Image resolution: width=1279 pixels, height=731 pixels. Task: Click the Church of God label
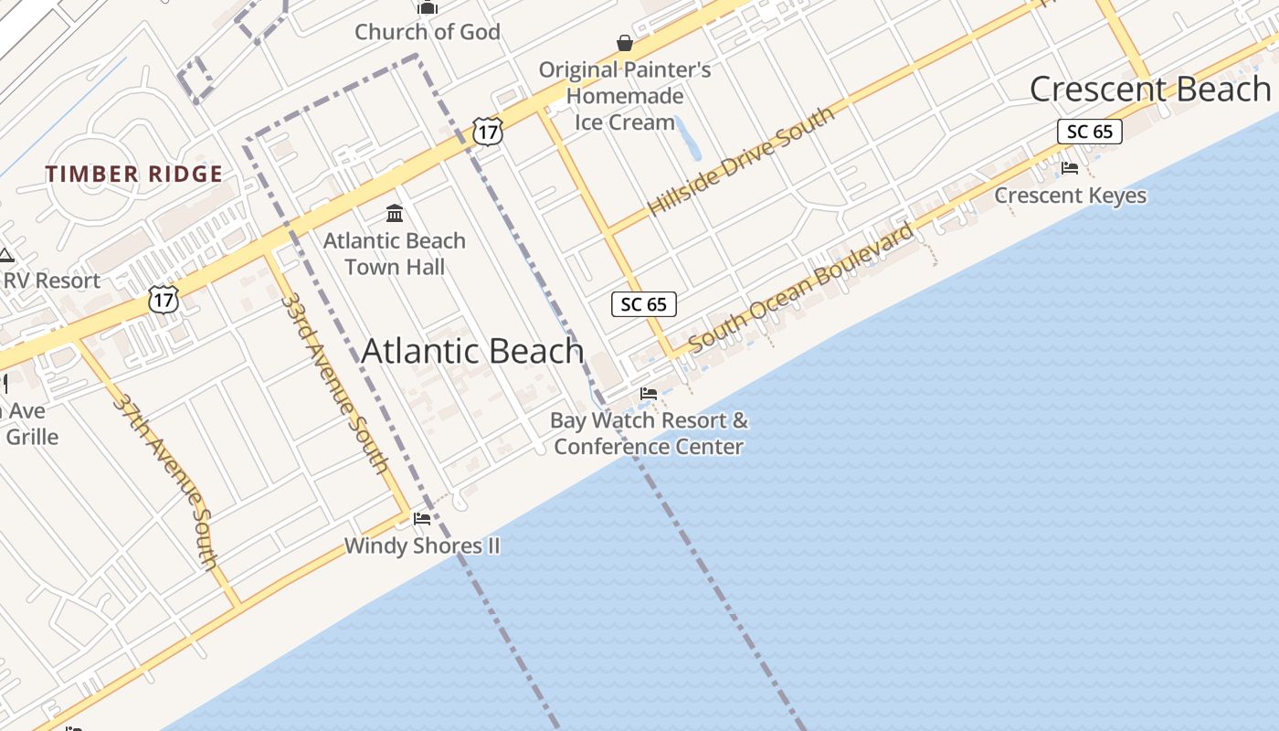click(x=428, y=32)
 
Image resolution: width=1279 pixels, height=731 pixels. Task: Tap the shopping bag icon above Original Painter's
click(x=625, y=43)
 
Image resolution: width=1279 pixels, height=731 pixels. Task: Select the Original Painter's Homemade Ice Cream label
click(x=625, y=95)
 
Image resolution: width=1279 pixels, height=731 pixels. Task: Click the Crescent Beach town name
click(x=1150, y=89)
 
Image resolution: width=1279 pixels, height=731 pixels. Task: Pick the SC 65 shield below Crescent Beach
click(x=1090, y=132)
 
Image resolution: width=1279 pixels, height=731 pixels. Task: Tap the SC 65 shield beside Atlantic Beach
click(x=644, y=304)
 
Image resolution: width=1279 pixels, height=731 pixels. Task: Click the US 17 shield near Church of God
click(x=488, y=132)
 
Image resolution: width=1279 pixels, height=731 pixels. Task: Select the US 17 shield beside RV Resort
click(x=164, y=298)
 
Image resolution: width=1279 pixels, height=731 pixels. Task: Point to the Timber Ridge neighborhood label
click(x=134, y=174)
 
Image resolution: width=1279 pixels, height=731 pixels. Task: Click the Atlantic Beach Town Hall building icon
click(x=395, y=214)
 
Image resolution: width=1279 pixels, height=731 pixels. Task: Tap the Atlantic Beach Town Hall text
click(x=395, y=254)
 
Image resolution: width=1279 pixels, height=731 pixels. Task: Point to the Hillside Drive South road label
click(x=741, y=161)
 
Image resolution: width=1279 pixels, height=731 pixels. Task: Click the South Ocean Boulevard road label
click(x=801, y=287)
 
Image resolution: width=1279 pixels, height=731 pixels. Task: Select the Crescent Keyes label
click(x=1070, y=196)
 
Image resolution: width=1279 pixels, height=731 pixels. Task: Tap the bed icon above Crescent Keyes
click(x=1070, y=168)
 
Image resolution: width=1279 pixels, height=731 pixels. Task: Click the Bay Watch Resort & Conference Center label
click(x=649, y=433)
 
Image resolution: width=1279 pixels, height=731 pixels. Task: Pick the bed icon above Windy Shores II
click(x=421, y=519)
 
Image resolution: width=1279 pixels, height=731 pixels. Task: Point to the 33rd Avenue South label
click(x=334, y=382)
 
